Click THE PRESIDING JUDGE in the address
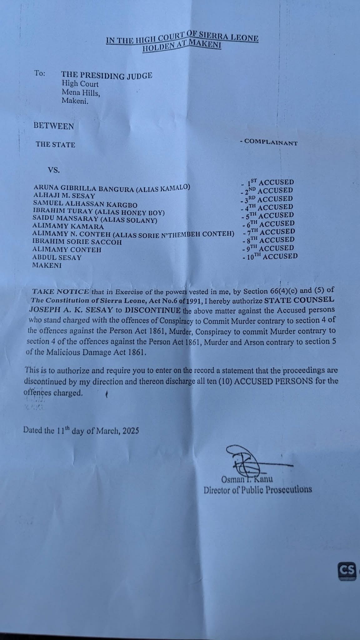pyautogui.click(x=107, y=75)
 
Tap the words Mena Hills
pyautogui.click(x=81, y=92)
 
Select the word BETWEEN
pyautogui.click(x=54, y=127)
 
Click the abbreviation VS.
pyautogui.click(x=53, y=171)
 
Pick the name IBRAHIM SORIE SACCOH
pyautogui.click(x=77, y=242)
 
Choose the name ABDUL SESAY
pyautogui.click(x=57, y=257)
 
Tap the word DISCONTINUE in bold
pyautogui.click(x=152, y=310)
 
